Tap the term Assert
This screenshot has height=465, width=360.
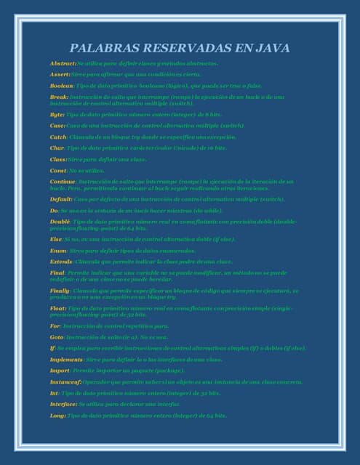pos(60,74)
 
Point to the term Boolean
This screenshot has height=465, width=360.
pos(62,85)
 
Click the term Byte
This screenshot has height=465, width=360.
pos(57,114)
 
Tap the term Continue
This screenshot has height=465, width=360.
pos(63,181)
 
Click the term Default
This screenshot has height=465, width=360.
pos(61,198)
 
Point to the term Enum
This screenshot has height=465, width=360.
pos(58,250)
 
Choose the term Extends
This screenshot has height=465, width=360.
pos(61,261)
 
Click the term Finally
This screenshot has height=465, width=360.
pos(60,290)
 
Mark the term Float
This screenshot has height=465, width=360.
pos(57,307)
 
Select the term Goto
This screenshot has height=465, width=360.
pos(57,337)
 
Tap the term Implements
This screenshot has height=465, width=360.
pos(66,360)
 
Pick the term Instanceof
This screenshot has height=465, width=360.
pos(66,381)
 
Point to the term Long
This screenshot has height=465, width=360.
pos(57,415)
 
